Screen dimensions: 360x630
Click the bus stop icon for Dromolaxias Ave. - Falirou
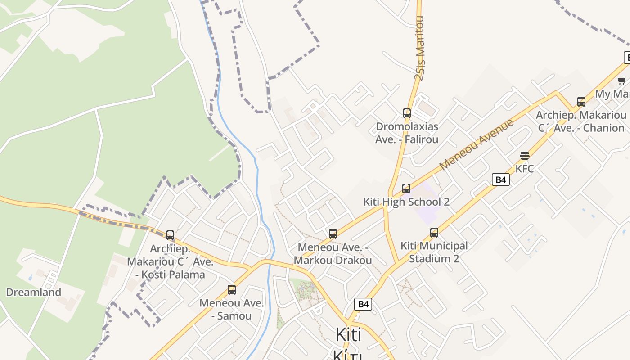pos(407,113)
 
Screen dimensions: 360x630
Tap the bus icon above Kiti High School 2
pos(406,189)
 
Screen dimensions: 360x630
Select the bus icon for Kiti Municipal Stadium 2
pos(434,233)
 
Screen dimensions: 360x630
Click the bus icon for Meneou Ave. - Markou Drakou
pos(333,234)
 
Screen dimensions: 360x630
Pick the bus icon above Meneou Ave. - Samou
pos(232,290)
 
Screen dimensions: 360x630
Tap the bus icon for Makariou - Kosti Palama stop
pos(170,235)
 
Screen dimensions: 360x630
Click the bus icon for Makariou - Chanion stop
pos(581,102)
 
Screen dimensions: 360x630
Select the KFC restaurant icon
pos(525,156)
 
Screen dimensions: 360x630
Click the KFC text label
pos(525,169)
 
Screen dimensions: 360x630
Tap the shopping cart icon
pos(622,81)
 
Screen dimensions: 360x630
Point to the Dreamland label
pos(33,292)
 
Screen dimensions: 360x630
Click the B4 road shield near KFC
pos(501,180)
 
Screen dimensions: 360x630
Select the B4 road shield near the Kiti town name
pos(363,304)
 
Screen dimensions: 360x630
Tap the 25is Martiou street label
pos(419,48)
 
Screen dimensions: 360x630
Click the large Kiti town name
pos(349,335)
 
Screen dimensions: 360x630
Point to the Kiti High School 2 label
pos(406,202)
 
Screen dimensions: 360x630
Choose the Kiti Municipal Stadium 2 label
pos(434,252)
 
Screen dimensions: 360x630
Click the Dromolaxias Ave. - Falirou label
pos(407,133)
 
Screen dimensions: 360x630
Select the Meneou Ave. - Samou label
pos(232,309)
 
